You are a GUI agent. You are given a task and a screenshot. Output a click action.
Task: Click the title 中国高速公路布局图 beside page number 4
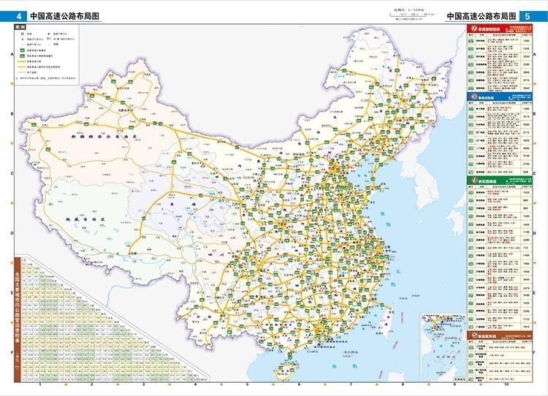65,15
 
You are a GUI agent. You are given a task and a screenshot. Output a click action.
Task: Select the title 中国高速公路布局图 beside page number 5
482,15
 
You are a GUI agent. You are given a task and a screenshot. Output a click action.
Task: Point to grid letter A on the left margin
10,55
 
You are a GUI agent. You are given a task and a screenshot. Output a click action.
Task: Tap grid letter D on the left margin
10,234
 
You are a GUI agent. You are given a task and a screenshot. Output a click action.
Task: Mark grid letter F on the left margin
10,352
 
